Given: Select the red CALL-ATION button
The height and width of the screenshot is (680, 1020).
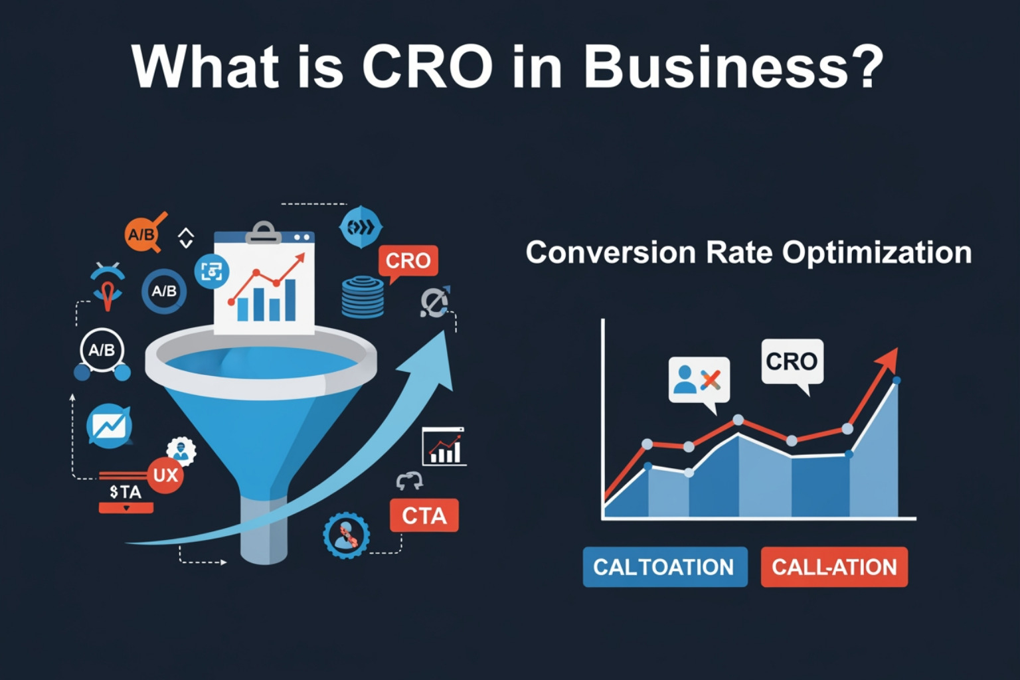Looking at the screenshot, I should coord(834,567).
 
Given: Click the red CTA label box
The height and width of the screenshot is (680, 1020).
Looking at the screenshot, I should coord(424,515).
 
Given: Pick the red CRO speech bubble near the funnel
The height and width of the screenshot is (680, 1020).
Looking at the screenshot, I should coord(408,260).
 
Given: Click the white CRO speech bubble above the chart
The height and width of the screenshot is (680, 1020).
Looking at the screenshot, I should coord(792,362).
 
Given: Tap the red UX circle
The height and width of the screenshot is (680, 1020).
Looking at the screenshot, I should coord(165,475).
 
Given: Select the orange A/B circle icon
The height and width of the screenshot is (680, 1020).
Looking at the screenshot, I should coord(141,234).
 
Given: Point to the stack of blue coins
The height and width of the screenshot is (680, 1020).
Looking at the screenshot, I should coord(363,297).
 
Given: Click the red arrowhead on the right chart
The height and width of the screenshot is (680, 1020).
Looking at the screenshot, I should coord(888,361).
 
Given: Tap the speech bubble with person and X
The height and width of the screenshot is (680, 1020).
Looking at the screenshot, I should coord(699,381).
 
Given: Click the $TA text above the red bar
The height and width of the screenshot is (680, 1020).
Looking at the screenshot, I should coord(126,492).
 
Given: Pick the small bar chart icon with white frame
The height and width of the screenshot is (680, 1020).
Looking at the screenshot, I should coord(444,447).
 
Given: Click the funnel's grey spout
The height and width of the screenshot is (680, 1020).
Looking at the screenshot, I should coord(264,531).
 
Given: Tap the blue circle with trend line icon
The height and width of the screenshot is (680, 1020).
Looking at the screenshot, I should coord(109,426).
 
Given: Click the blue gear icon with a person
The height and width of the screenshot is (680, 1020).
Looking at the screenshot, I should coord(346,535).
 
